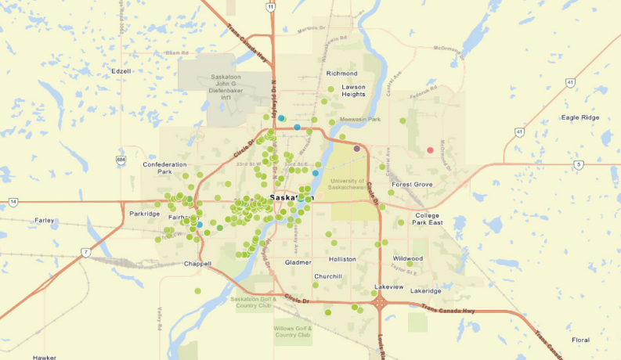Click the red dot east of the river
click(430, 149)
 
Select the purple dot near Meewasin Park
click(357, 148)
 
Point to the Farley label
click(45, 221)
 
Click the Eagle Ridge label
click(580, 117)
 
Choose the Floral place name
click(580, 340)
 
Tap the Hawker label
click(45, 357)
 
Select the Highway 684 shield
click(120, 160)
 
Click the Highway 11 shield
click(270, 7)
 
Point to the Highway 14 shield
click(13, 202)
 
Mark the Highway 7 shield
click(84, 252)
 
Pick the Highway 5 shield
click(578, 164)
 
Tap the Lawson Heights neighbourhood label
click(353, 90)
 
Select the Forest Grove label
click(412, 185)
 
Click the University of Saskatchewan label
click(346, 185)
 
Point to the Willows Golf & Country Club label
click(293, 331)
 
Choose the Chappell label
click(197, 264)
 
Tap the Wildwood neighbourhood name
click(408, 258)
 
